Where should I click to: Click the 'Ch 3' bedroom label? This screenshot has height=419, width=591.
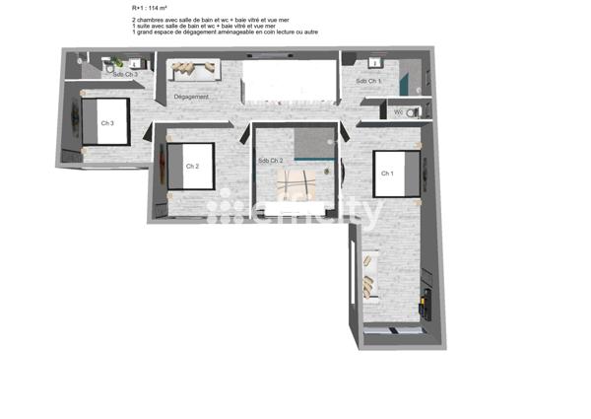107,123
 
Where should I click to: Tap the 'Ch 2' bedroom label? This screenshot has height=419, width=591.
193,166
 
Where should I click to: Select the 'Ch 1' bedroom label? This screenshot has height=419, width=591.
387,174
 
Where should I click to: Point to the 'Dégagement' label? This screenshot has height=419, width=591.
191,97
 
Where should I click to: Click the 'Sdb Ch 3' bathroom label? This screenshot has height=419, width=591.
124,74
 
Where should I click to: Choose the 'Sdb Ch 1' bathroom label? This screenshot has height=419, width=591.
367,81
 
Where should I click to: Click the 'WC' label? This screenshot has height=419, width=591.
399,112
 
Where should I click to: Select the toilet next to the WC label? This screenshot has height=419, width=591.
412,112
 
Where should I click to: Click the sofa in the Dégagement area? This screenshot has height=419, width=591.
191,71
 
